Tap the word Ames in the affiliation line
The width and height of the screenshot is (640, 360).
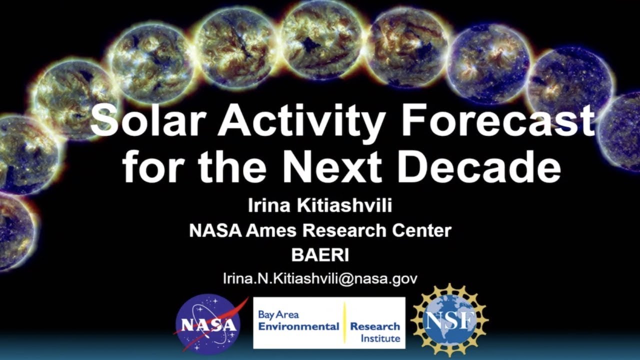(274, 230)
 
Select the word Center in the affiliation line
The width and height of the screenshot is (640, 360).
(424, 230)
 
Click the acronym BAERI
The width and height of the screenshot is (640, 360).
(320, 255)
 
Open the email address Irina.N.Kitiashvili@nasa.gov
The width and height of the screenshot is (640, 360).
(320, 279)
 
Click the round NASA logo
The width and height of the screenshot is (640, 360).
(207, 324)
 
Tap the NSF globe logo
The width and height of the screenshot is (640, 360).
(449, 320)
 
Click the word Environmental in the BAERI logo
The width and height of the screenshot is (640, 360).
(298, 326)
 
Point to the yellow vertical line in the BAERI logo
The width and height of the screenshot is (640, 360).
(344, 323)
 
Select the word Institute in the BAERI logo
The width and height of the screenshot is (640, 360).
(380, 338)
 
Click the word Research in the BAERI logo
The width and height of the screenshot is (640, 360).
(375, 326)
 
